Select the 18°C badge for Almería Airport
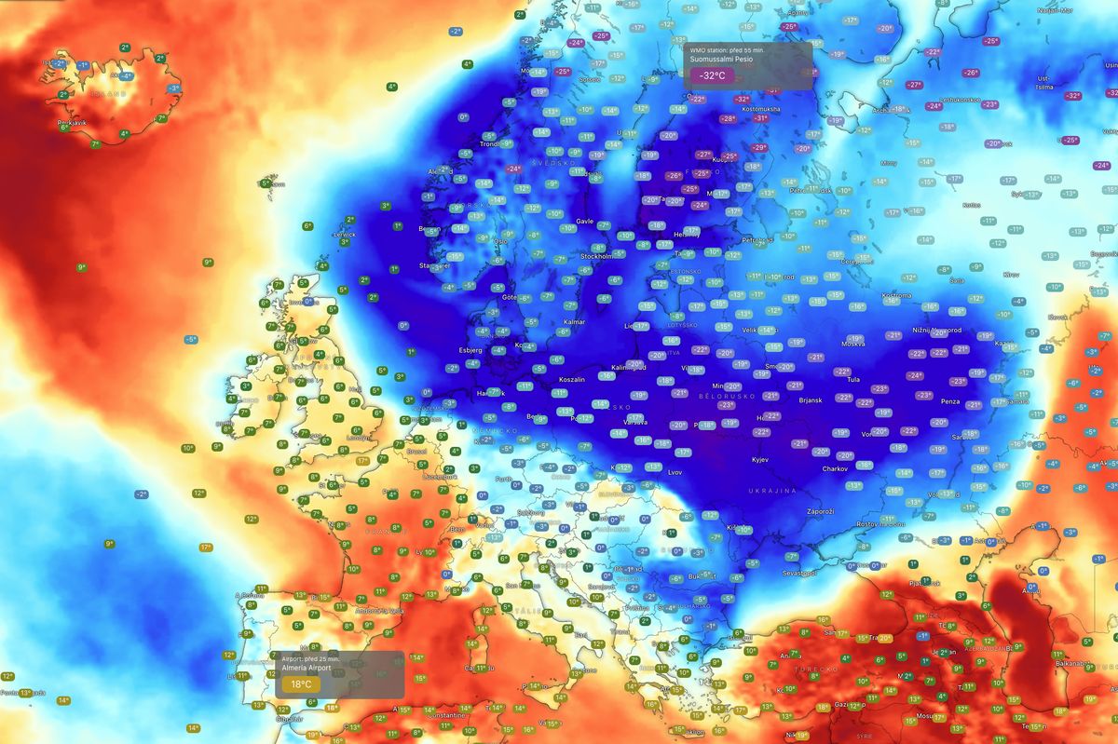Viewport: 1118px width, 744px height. click(301, 683)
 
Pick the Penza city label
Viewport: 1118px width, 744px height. click(950, 401)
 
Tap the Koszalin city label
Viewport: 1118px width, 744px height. click(572, 380)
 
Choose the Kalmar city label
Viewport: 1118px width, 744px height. click(575, 322)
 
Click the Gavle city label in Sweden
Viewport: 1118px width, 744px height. click(585, 222)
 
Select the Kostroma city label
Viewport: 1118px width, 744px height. click(895, 294)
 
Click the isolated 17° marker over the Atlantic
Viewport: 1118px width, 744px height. click(206, 548)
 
